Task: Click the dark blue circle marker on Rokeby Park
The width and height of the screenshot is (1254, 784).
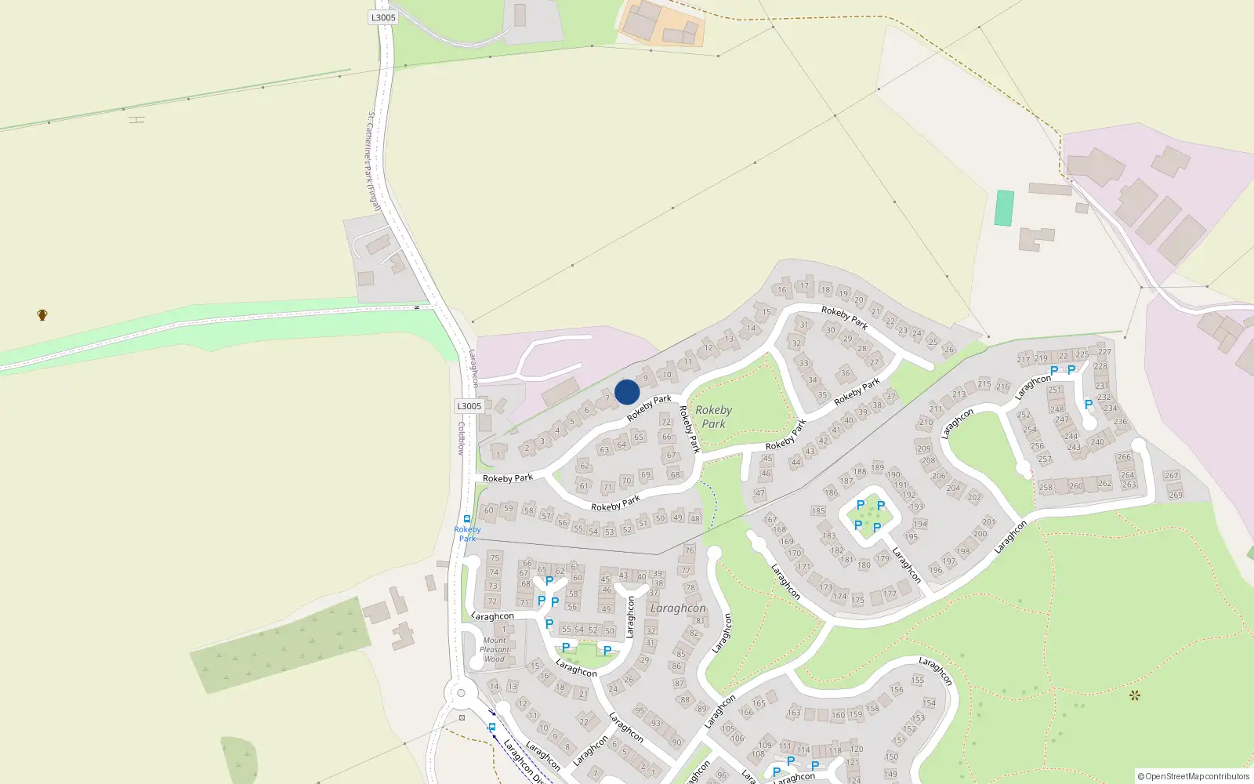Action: point(627,392)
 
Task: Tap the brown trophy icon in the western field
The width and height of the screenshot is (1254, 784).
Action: point(42,315)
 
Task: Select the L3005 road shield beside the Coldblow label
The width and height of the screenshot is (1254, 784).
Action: point(469,406)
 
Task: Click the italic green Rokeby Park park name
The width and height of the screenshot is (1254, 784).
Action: point(713,416)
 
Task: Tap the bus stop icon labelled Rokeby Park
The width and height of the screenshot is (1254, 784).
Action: point(467,519)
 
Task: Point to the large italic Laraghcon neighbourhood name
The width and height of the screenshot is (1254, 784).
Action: point(678,608)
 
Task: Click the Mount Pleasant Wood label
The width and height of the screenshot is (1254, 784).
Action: point(495,650)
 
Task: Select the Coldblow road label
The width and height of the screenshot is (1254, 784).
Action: point(462,438)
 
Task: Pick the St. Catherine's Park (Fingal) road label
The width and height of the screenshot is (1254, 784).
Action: point(373,161)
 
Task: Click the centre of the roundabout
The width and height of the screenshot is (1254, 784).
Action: point(461,693)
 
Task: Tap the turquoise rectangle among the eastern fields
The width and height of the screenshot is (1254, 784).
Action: point(1004,208)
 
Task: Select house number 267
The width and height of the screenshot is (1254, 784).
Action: point(1171,476)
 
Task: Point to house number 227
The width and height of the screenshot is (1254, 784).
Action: point(1104,352)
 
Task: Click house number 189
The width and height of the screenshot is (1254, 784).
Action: point(877,468)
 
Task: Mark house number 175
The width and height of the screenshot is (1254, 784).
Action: point(858,601)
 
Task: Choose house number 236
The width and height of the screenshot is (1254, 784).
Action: point(1121,422)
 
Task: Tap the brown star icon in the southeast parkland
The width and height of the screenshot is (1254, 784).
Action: point(1134,695)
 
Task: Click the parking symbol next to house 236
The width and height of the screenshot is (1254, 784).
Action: point(1089,405)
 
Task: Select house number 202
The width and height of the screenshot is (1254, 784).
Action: point(974,497)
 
